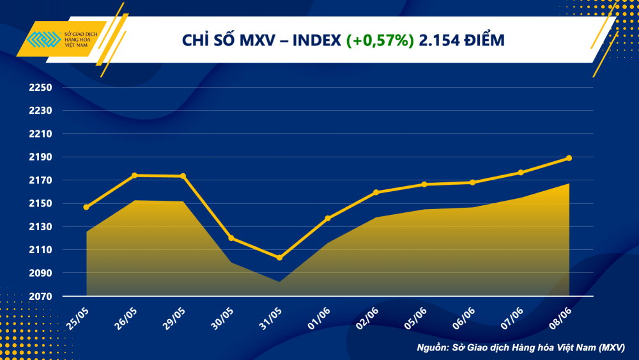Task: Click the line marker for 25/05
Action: point(86,207)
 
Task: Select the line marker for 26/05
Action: point(135,175)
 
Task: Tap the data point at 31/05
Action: point(279,258)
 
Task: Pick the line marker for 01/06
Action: point(328,219)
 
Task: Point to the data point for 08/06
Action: point(569,158)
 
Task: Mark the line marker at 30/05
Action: point(231,239)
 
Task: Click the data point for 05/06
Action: point(424,184)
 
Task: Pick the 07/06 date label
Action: point(512,318)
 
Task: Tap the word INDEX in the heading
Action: point(316,41)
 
